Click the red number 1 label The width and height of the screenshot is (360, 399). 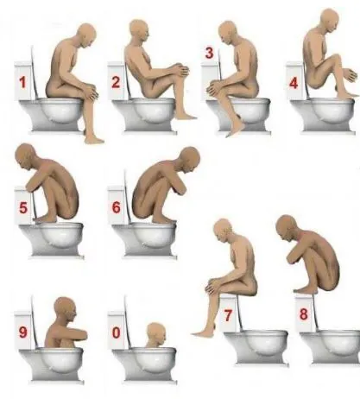pos(22,83)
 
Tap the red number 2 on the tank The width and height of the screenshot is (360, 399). pos(116,82)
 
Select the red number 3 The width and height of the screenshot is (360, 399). pos(209,54)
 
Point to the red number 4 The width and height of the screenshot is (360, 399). pos(294,84)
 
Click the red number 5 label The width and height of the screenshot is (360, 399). pos(23,208)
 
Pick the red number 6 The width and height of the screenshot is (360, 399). pos(116,207)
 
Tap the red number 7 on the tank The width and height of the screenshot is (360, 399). pos(228,315)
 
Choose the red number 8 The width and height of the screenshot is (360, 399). pos(304,314)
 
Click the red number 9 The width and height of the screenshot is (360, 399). pos(23,332)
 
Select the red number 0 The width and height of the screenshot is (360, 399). pos(116,333)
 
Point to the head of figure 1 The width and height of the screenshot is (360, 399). pos(86,35)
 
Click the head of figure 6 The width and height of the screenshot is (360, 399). pos(188,159)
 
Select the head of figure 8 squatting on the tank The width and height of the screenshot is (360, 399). pos(287,227)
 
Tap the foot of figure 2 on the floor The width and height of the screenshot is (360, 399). pos(186,116)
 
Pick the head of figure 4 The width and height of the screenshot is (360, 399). pos(330,19)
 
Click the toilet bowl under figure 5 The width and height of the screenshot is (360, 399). pos(52,238)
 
